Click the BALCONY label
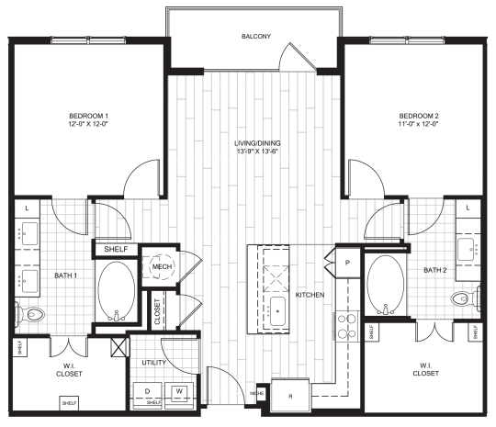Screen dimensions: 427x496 255,38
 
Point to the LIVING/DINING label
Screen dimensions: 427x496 255,143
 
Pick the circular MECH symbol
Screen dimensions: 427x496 163,267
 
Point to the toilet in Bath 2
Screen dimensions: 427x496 468,296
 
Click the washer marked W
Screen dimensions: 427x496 180,392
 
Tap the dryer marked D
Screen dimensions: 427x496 147,392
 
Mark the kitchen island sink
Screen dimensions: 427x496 275,310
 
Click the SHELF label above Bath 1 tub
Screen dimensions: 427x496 115,249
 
